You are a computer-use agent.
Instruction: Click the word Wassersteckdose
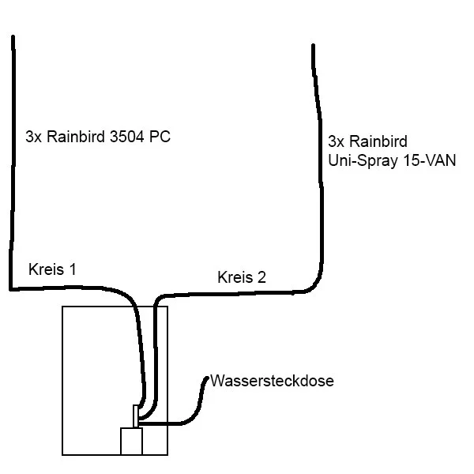coord(272,381)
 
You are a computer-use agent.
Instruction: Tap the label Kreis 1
coord(52,269)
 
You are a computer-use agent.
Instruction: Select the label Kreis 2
coord(242,277)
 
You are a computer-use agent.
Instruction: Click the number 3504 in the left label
coord(126,137)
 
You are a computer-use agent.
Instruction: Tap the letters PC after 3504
coord(160,137)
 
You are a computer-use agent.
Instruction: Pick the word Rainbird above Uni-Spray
coord(378,141)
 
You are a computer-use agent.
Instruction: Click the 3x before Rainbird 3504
coord(33,137)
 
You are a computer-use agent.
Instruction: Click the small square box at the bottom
coord(131,441)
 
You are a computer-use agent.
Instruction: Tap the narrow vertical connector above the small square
coord(136,416)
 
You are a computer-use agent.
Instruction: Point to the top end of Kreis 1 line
coord(13,37)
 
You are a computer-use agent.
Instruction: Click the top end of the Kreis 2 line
coord(313,46)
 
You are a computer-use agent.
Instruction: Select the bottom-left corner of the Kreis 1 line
coord(11,289)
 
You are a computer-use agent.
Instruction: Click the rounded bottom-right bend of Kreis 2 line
coord(317,284)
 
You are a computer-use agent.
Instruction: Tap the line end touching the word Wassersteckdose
coord(207,378)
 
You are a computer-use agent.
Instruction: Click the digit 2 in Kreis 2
coord(261,277)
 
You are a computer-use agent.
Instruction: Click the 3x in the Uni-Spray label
coord(337,141)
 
